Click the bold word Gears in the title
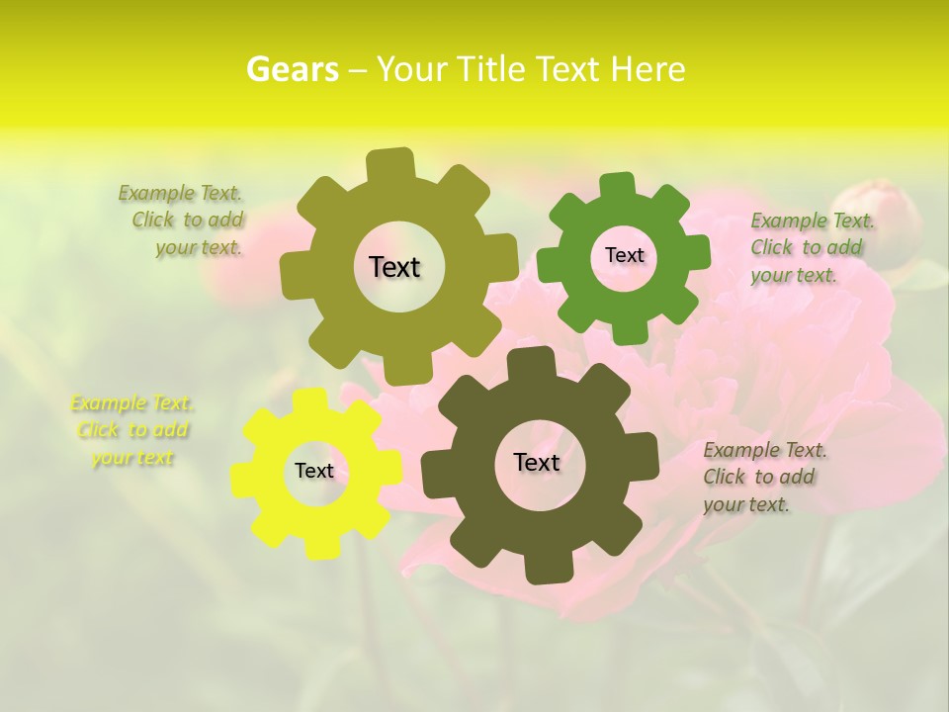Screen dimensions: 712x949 (x=292, y=69)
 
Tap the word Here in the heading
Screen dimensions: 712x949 (x=648, y=69)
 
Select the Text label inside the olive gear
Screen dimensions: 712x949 (x=394, y=267)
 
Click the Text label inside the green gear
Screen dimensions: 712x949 (x=624, y=255)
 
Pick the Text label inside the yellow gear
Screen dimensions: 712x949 (x=314, y=471)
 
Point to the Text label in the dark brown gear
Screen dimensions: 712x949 (x=537, y=462)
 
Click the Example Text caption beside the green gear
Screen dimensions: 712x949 (x=811, y=247)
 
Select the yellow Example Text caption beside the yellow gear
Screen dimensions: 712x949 (x=132, y=430)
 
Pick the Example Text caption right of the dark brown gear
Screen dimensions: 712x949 (x=763, y=477)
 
